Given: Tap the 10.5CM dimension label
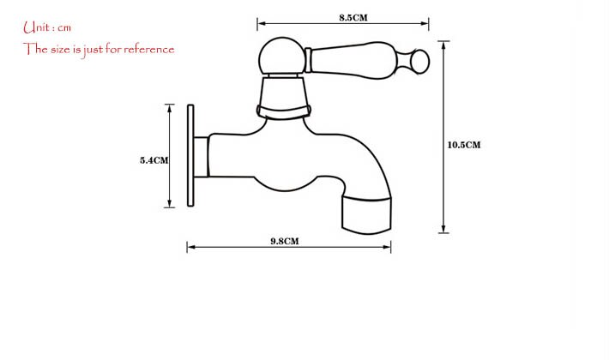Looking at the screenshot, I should pyautogui.click(x=464, y=145).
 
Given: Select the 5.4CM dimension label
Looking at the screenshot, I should pyautogui.click(x=154, y=160).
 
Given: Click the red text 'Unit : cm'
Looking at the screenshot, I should pyautogui.click(x=47, y=27).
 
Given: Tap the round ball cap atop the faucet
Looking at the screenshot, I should pyautogui.click(x=281, y=57).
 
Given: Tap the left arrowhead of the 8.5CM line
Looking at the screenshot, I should pyautogui.click(x=261, y=24).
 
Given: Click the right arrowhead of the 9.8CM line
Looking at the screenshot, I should pyautogui.click(x=389, y=248).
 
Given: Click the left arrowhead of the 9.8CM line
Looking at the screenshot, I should pyautogui.click(x=190, y=248).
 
